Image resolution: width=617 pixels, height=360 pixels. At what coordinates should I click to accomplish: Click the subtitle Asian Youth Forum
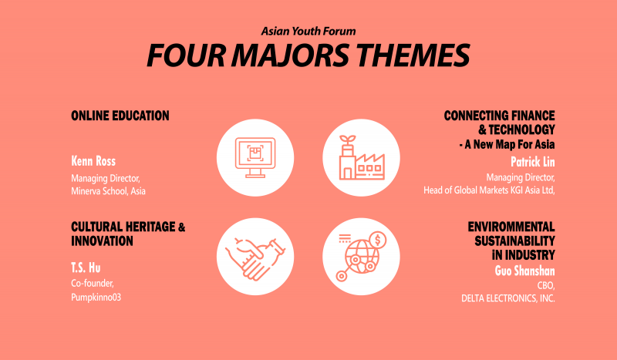308,31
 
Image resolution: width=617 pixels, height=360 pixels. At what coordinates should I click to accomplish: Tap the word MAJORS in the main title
290,55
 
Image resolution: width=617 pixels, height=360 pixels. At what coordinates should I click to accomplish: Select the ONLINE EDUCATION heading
120,116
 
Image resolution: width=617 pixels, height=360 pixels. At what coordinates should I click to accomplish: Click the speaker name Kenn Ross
93,161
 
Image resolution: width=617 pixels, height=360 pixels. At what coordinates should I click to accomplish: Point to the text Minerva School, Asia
108,191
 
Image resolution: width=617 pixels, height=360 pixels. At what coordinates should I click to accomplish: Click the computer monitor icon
255,157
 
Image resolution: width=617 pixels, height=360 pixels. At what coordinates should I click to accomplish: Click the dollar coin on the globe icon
377,240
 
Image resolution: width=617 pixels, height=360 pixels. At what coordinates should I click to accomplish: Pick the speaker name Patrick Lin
533,162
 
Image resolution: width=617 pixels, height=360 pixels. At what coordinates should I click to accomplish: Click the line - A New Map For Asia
507,144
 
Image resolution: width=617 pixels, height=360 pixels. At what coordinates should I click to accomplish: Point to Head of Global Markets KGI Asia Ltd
489,190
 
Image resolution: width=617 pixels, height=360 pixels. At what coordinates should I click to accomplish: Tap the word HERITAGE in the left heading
150,227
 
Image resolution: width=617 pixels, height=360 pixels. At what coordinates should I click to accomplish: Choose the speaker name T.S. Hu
86,268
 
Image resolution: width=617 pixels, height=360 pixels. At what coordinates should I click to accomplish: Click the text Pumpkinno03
96,297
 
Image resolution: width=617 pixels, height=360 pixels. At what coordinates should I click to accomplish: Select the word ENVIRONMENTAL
511,227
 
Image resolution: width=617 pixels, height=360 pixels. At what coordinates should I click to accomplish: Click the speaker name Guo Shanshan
525,271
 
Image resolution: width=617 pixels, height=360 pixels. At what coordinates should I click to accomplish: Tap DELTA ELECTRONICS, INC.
508,298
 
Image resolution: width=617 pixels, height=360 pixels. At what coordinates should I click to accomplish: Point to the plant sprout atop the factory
348,140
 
